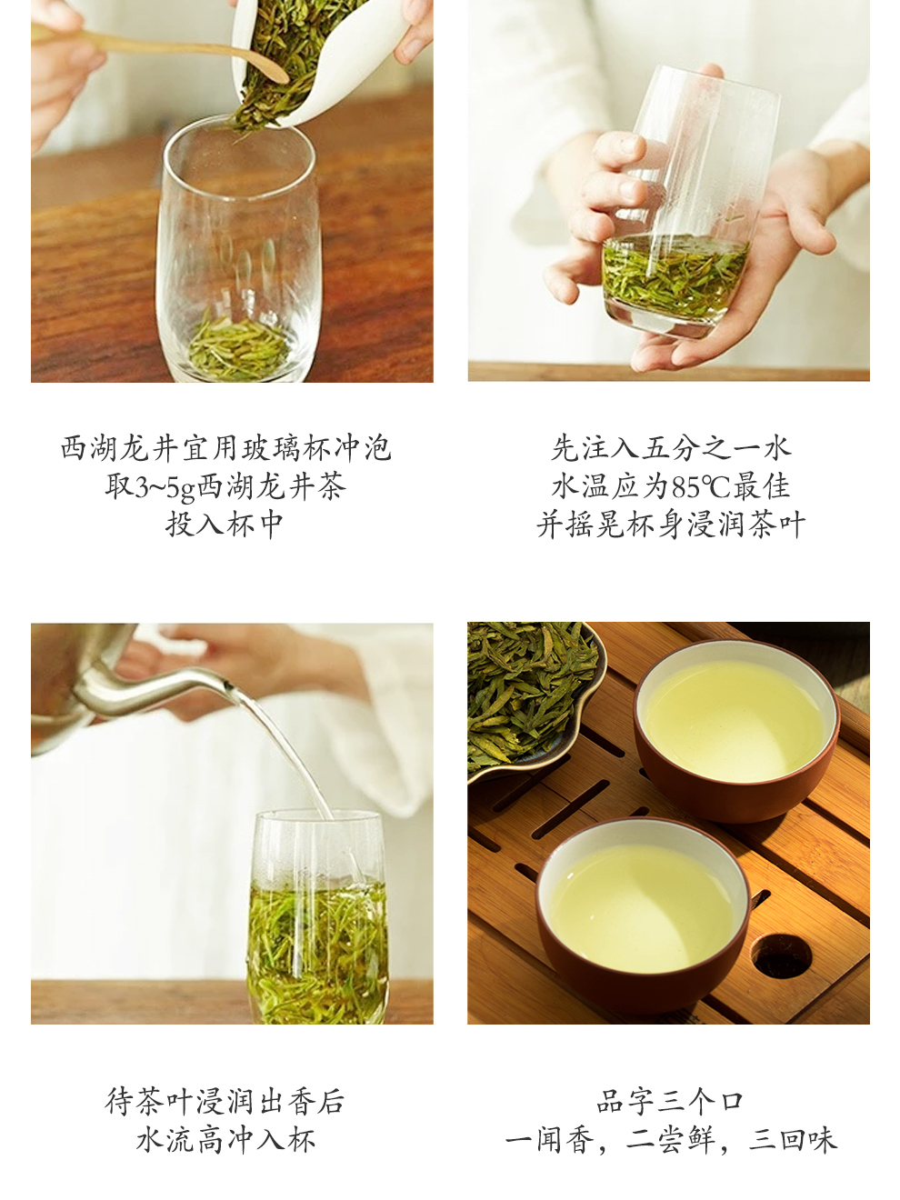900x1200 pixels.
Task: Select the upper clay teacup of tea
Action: (736, 729)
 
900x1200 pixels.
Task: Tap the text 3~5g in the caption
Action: (165, 487)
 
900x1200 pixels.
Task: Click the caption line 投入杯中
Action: (225, 525)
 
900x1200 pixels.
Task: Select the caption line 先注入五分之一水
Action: (671, 448)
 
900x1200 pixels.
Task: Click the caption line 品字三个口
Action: (670, 1102)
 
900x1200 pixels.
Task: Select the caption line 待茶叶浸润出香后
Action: (225, 1102)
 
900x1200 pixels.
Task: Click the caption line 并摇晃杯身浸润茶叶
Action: (671, 525)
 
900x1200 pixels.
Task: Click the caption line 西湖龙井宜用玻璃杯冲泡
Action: (225, 448)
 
